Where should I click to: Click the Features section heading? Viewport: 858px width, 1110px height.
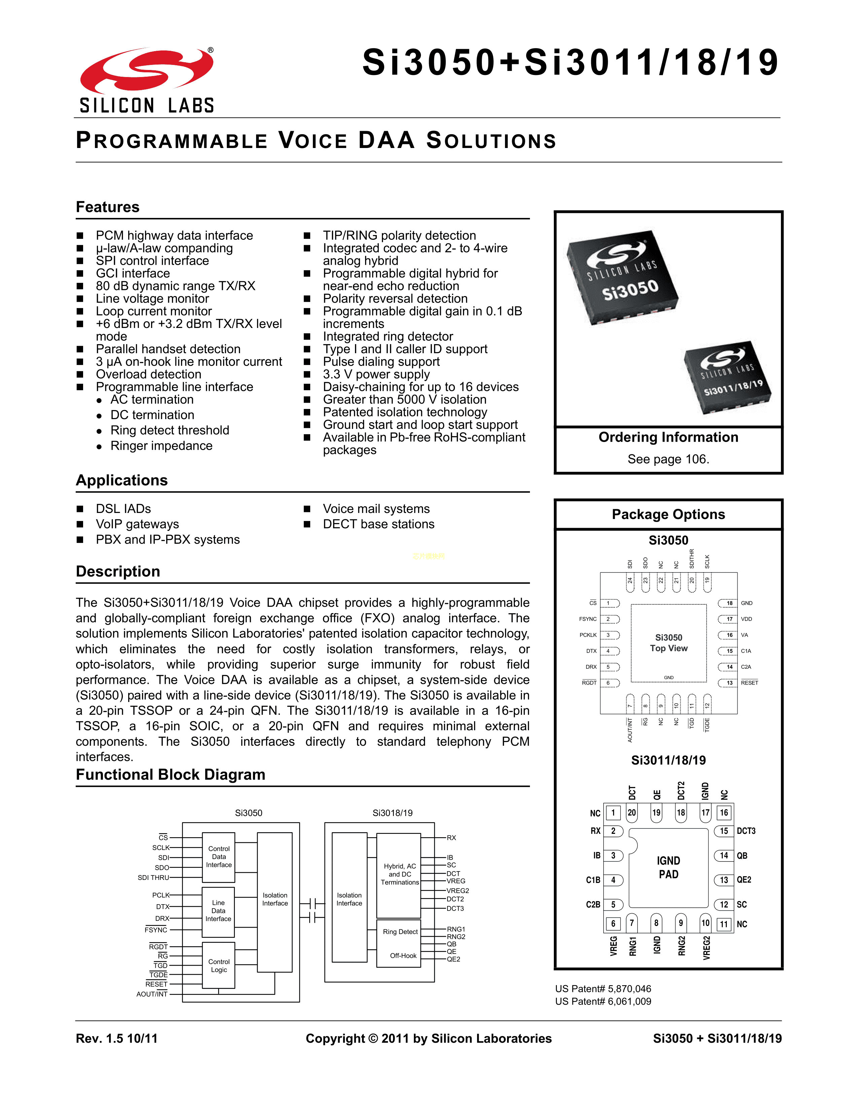coord(107,207)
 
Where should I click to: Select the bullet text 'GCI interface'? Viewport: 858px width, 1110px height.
coord(133,273)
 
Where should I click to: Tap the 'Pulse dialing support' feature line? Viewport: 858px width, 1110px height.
coord(381,362)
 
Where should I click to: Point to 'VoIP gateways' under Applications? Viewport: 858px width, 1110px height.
coord(137,524)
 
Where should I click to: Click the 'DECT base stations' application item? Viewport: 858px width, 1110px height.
coord(379,524)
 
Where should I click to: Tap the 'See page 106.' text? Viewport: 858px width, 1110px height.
coord(668,459)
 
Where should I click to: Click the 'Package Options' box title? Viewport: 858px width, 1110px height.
coord(668,514)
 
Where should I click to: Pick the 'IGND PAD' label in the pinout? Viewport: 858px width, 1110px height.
coord(669,867)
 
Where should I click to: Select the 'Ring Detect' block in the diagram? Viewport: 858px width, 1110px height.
coord(400,932)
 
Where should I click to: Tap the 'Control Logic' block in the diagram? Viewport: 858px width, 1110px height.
coord(219,966)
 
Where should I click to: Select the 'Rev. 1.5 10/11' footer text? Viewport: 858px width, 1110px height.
coord(116,1038)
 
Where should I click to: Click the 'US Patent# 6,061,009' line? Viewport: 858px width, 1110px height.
coord(603,1001)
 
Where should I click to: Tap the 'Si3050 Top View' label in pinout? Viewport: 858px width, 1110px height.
coord(669,643)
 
